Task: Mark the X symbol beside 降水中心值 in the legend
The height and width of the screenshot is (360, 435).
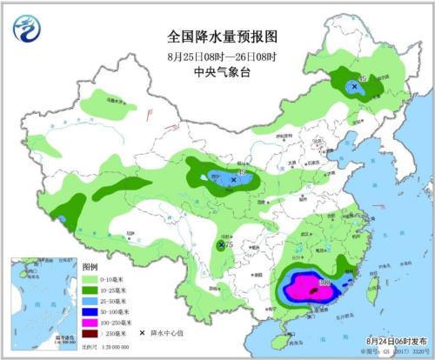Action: click(141, 333)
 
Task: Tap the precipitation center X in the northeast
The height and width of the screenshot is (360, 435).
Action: click(354, 86)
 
